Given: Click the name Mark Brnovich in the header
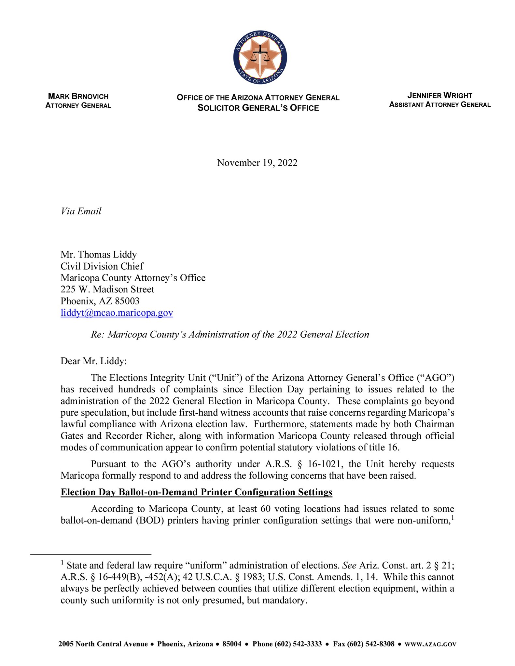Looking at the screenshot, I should coord(78,96).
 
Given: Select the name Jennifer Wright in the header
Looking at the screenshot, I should coord(439,96).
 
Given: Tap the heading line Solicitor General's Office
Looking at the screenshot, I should coord(258,108).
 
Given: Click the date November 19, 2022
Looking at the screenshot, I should coord(257,163).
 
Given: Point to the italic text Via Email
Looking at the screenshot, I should coord(81,211).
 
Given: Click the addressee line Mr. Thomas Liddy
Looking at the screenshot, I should coord(99,254).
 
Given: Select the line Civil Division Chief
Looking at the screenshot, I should coord(102,266).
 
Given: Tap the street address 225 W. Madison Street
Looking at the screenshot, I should coord(107,289).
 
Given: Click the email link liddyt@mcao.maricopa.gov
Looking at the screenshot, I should coord(117,313).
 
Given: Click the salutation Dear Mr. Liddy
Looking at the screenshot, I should coord(94,361).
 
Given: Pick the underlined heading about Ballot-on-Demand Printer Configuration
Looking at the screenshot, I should coord(196,492).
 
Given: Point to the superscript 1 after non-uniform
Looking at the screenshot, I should coord(452,517).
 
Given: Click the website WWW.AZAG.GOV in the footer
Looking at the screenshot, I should coord(430,644).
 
